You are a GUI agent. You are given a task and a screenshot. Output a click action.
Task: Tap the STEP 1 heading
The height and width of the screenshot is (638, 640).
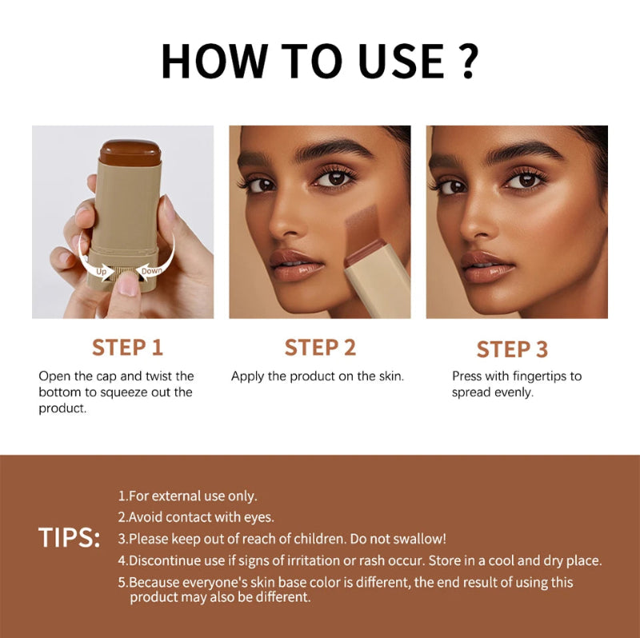[127, 347]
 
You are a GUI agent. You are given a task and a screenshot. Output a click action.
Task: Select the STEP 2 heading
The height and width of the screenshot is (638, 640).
[320, 347]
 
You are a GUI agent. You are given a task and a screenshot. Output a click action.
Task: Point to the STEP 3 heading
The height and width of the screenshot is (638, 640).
[512, 349]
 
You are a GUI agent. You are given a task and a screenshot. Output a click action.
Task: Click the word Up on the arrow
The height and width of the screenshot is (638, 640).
[102, 272]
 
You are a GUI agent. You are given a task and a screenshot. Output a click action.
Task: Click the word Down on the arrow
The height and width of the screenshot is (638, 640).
[152, 271]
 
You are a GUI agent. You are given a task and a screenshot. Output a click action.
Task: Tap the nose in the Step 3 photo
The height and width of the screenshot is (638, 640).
[478, 220]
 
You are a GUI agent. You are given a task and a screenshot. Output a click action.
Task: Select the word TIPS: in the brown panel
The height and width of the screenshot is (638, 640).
[70, 538]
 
